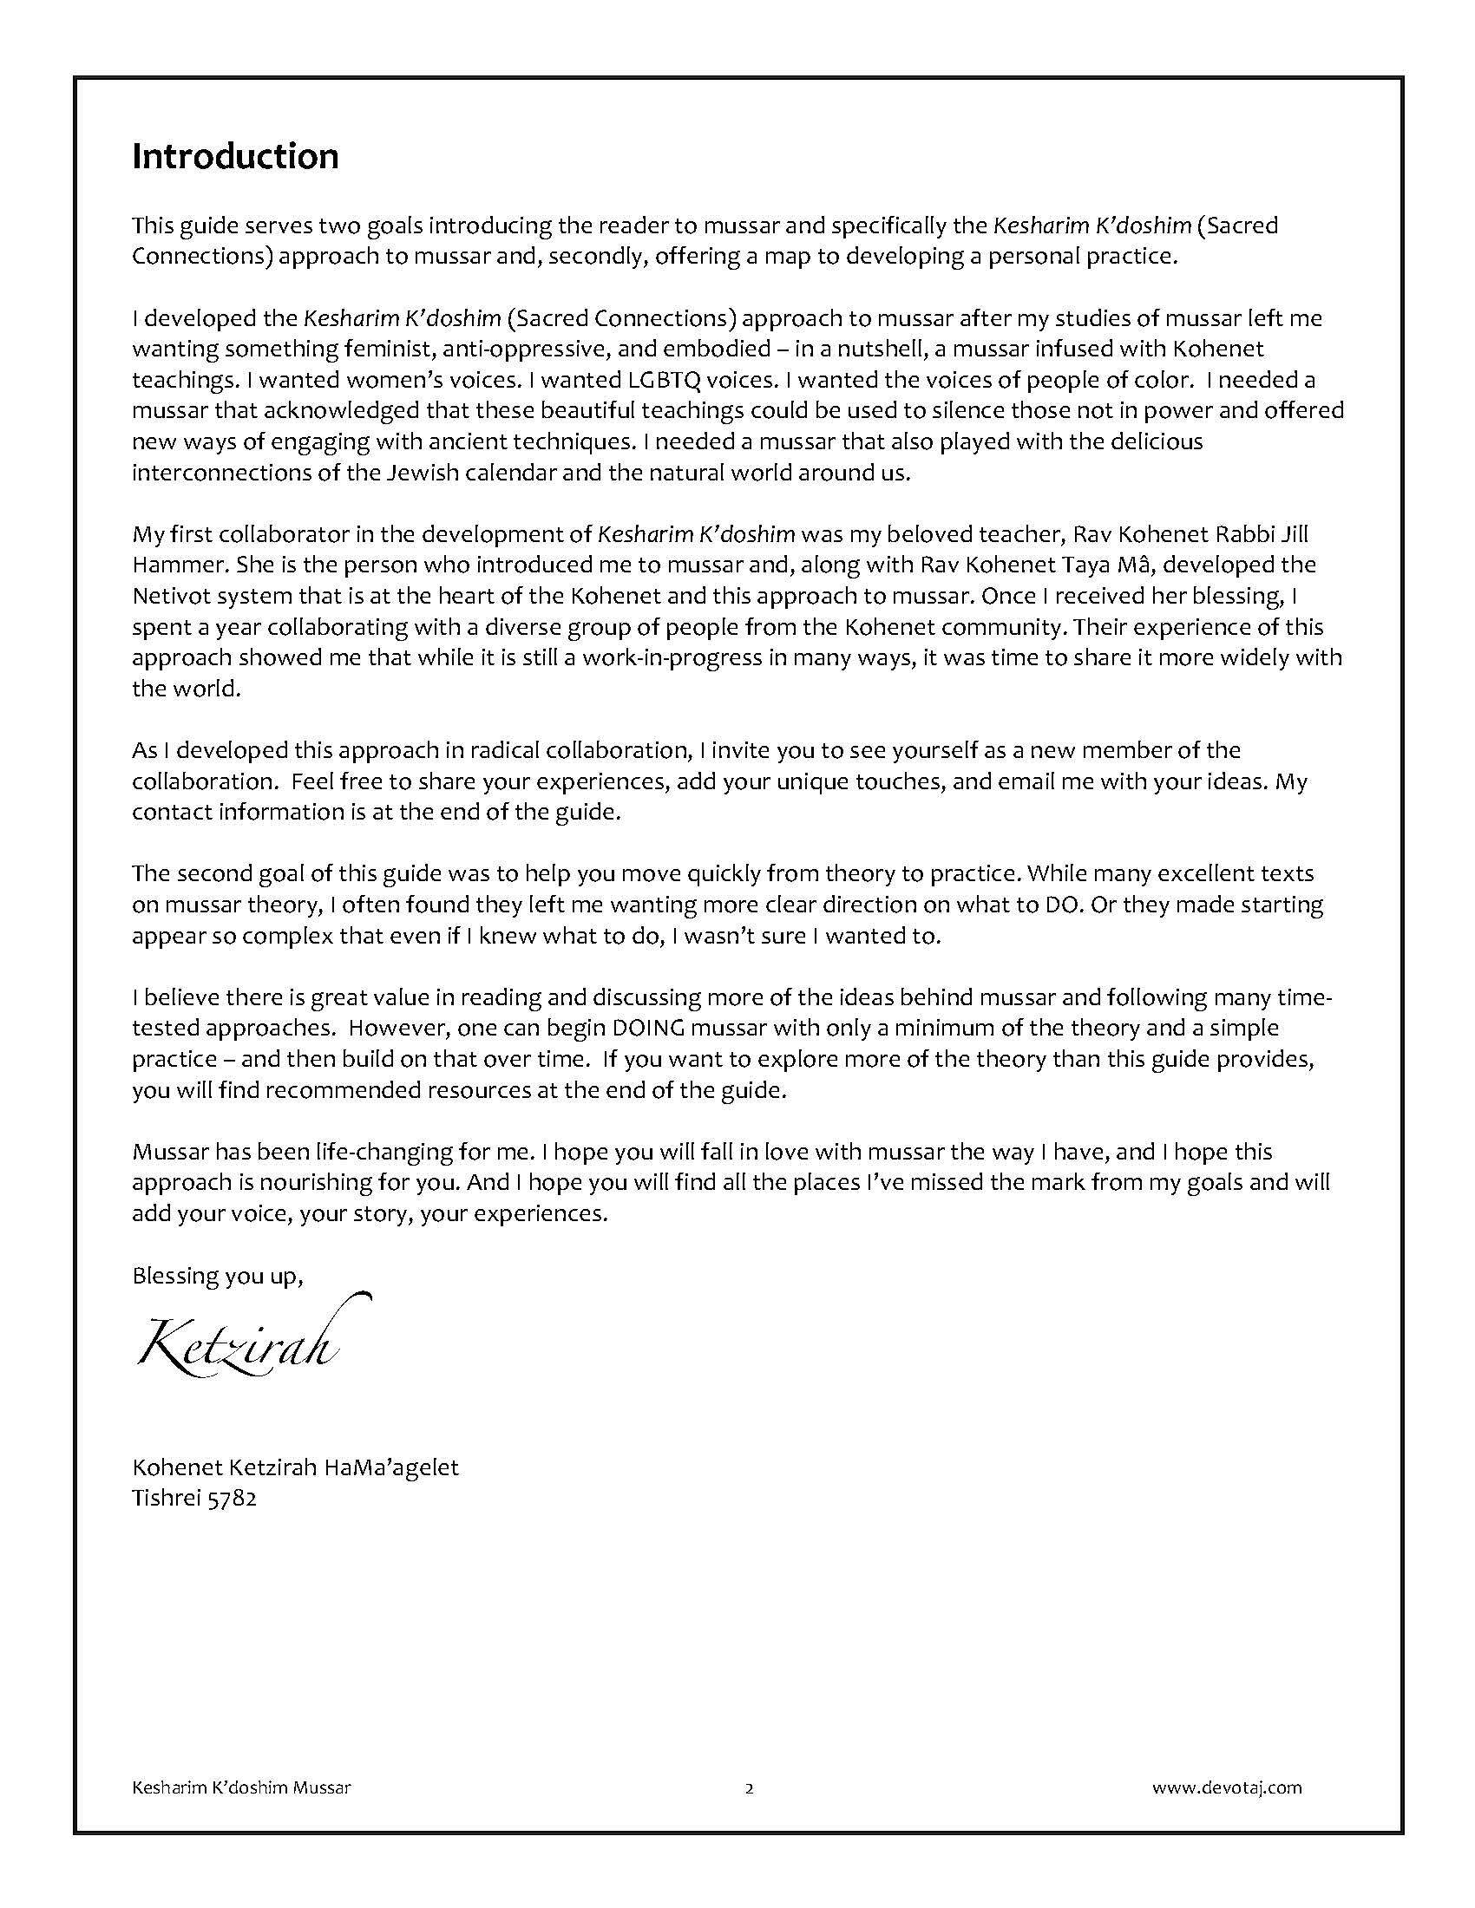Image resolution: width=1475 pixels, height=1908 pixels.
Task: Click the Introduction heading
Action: [x=235, y=157]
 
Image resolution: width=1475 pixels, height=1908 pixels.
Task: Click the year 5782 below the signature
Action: [x=233, y=1500]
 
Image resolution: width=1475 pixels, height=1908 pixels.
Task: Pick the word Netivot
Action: [x=170, y=596]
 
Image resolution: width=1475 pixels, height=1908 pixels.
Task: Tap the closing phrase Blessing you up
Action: [x=218, y=1277]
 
